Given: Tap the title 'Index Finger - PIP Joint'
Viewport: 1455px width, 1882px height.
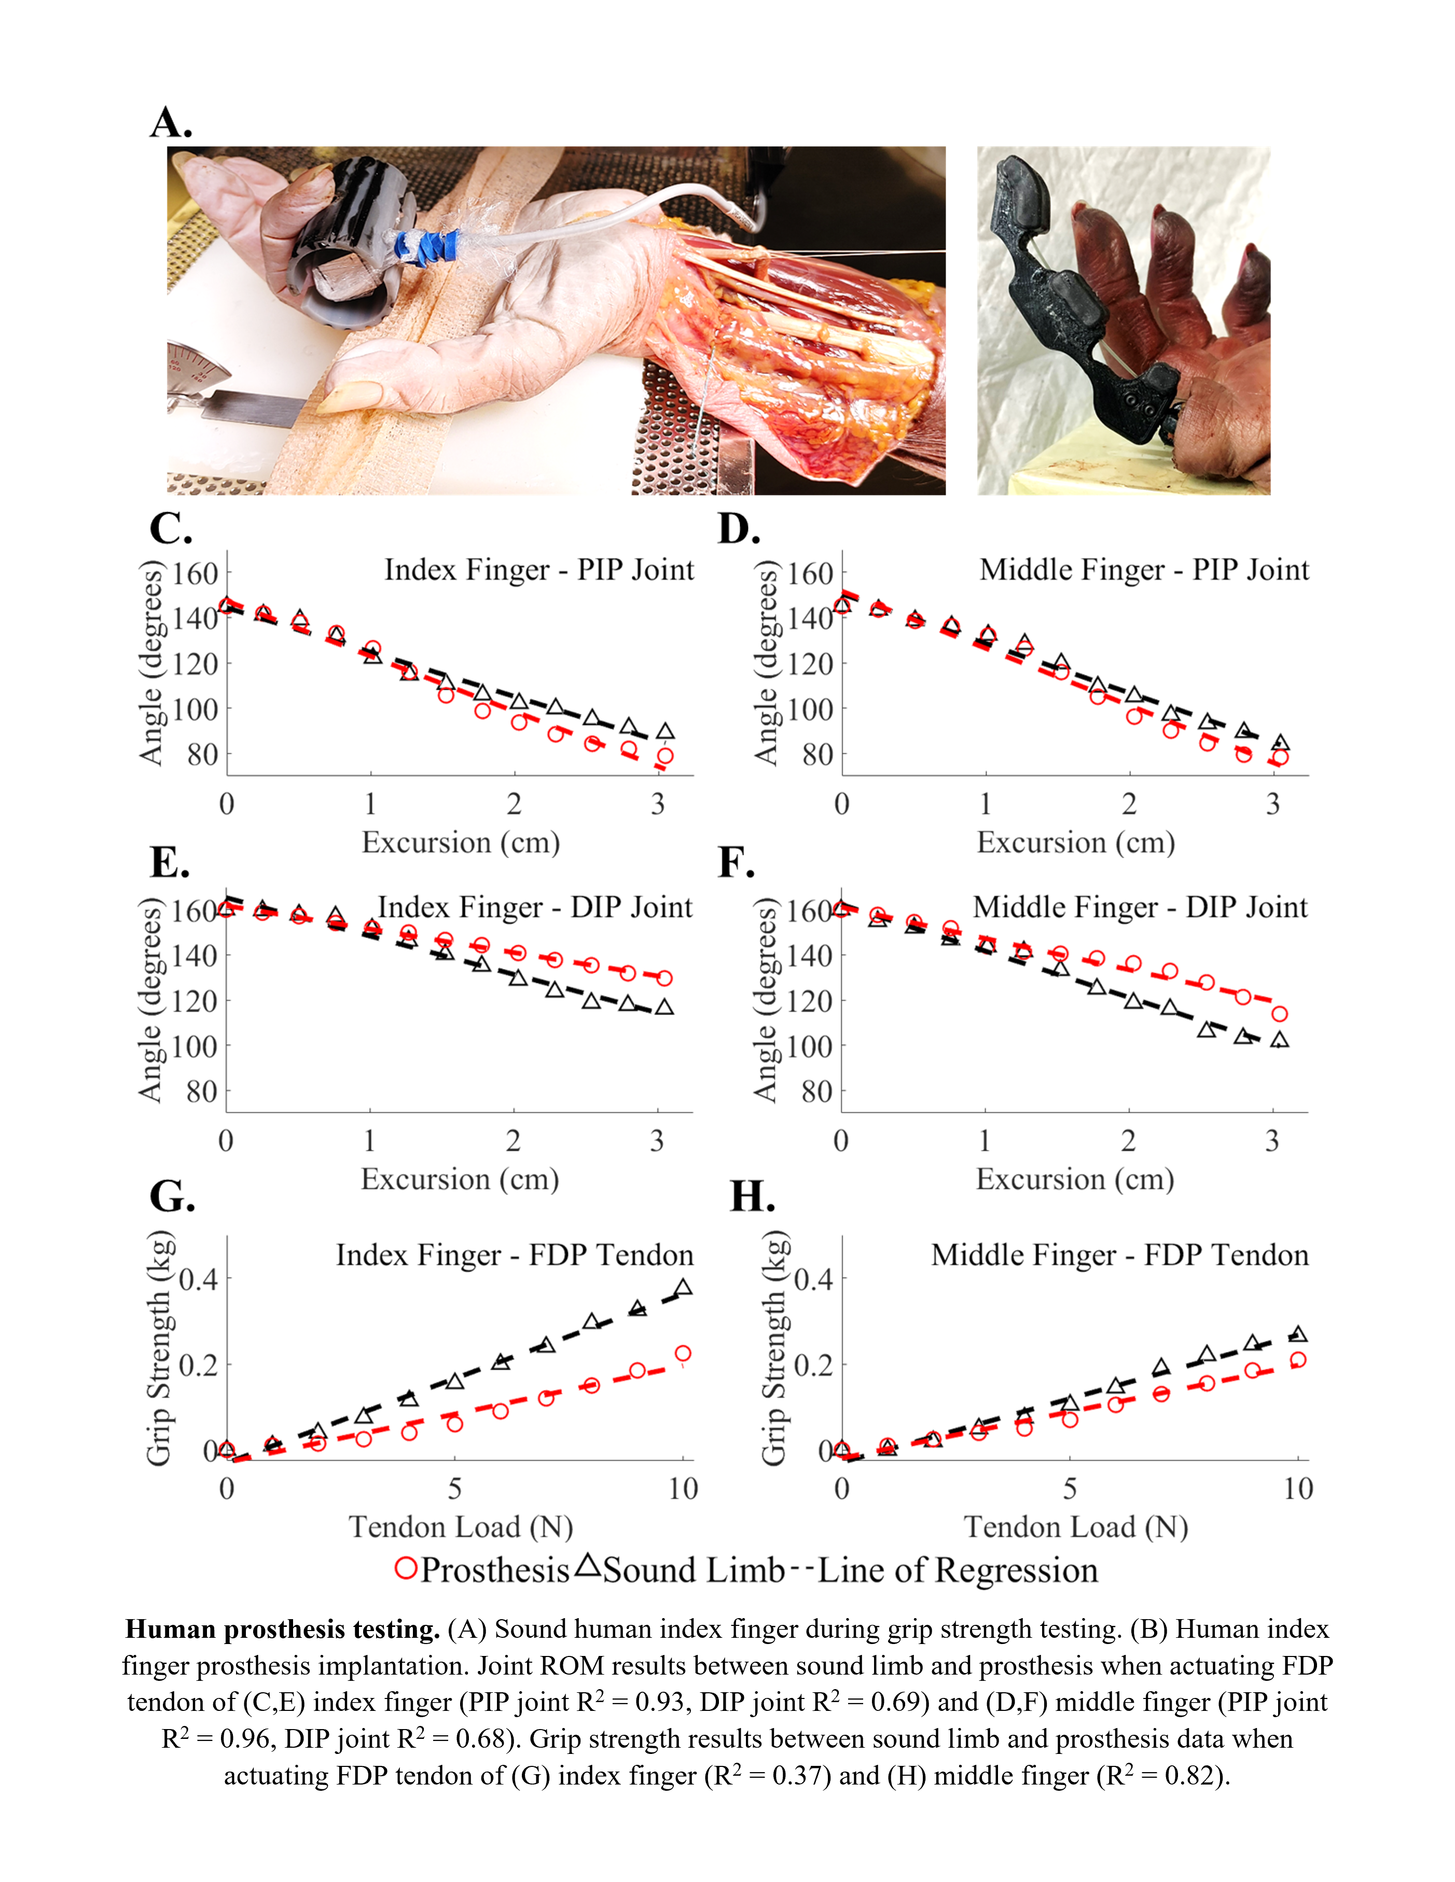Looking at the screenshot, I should (539, 570).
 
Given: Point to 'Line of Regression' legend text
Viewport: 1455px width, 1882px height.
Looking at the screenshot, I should (957, 1570).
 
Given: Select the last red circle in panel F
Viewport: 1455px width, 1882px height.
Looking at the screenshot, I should (1279, 1014).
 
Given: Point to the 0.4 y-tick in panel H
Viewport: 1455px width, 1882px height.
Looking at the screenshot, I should (813, 1279).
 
